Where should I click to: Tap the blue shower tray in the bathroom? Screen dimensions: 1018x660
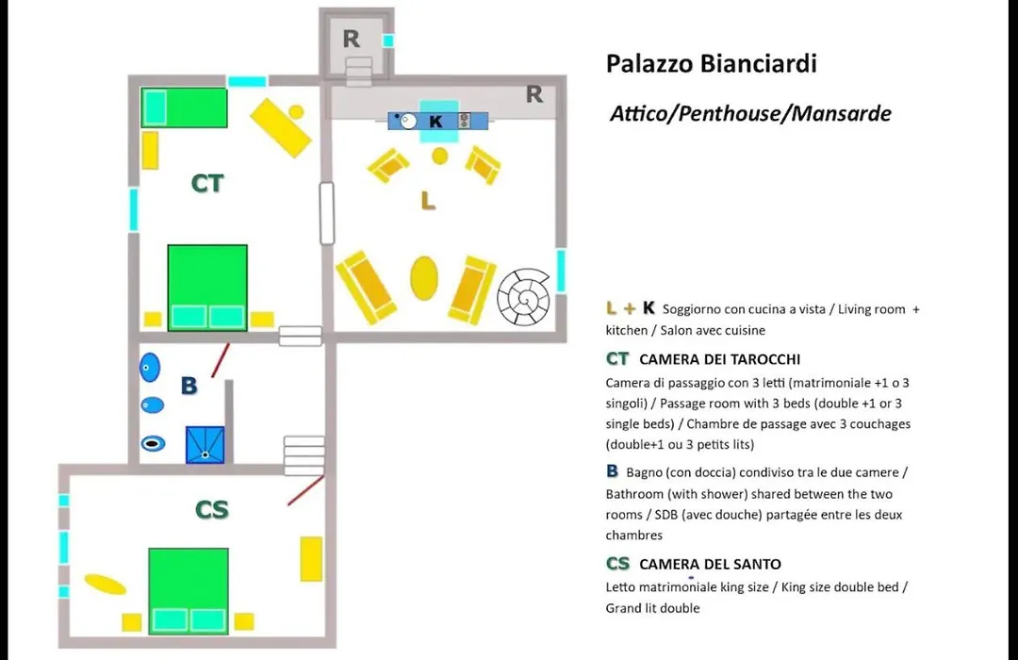[x=205, y=445]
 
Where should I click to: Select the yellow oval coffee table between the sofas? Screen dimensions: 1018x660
[x=424, y=278]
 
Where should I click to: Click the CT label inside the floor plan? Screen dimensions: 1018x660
[x=207, y=184]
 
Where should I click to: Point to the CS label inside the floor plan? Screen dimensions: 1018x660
[x=212, y=510]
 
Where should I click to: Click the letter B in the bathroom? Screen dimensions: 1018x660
[x=189, y=386]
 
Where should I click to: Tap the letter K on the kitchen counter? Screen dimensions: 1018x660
[x=435, y=122]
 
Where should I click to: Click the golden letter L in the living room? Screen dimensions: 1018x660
[x=428, y=202]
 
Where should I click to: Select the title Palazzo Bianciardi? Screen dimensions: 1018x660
[x=712, y=64]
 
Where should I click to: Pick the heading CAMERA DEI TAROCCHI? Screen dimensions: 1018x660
[x=720, y=359]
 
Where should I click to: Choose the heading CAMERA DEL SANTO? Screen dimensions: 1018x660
[x=711, y=564]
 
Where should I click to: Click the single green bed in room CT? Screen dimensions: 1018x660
[x=185, y=107]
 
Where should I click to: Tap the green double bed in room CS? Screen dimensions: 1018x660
[x=189, y=591]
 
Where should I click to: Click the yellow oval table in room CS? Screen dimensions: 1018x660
[x=106, y=584]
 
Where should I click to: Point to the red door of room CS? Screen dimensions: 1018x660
[x=305, y=490]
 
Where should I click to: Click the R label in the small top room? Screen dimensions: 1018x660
[x=352, y=39]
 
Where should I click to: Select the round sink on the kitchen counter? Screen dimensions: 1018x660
[x=408, y=122]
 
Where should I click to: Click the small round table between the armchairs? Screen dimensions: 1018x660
[x=440, y=156]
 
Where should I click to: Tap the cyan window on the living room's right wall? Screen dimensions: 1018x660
[x=561, y=271]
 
